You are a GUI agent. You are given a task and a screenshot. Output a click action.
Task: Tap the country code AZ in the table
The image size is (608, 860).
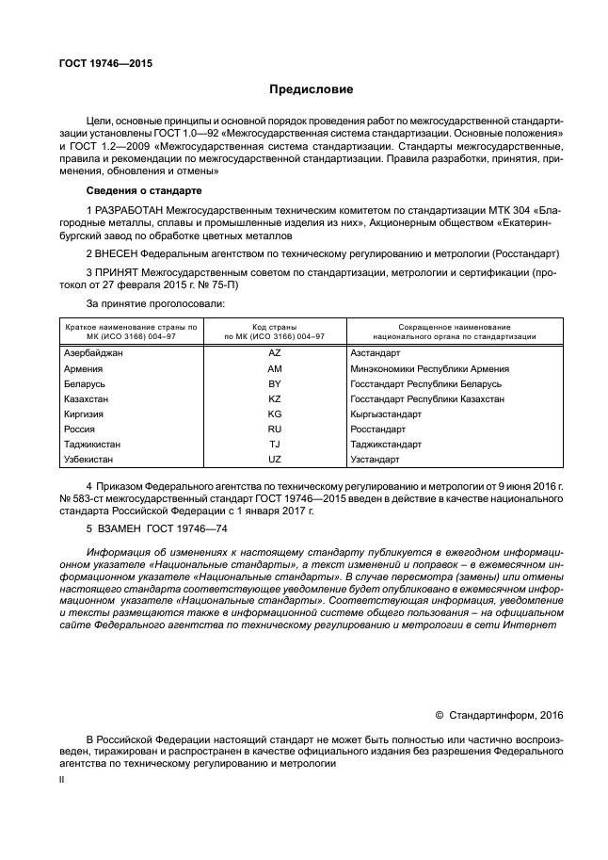[275, 352]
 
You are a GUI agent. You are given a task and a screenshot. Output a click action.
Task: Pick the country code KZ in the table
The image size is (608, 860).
[275, 398]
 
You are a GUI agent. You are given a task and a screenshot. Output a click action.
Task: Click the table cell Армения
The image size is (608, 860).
[83, 368]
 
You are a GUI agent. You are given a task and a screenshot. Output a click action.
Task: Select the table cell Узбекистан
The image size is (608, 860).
[88, 459]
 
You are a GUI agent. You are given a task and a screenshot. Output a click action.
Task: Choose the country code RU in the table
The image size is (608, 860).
[275, 429]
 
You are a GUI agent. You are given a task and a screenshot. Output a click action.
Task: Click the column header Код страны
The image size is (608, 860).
[274, 325]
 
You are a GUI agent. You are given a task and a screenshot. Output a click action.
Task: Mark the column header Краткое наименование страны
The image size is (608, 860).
[131, 325]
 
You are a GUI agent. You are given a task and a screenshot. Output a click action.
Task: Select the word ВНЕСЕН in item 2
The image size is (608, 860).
[119, 254]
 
